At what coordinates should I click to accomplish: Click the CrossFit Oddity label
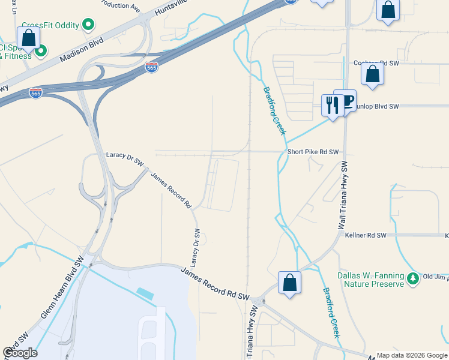pyautogui.click(x=50, y=25)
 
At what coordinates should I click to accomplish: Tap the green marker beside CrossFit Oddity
pyautogui.click(x=88, y=25)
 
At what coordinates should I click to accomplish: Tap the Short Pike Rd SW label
pyautogui.click(x=313, y=152)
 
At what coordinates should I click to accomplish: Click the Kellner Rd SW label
pyautogui.click(x=366, y=235)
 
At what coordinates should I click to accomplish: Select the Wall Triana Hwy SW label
pyautogui.click(x=343, y=194)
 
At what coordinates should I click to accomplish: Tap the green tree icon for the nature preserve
pyautogui.click(x=413, y=279)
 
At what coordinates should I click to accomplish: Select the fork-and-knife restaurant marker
pyautogui.click(x=332, y=104)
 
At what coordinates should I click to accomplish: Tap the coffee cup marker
pyautogui.click(x=345, y=100)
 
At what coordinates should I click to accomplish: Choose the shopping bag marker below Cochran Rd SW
pyautogui.click(x=373, y=74)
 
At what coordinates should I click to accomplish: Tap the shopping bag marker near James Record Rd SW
pyautogui.click(x=289, y=283)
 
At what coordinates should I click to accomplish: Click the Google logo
pyautogui.click(x=20, y=353)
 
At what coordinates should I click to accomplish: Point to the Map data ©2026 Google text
pyautogui.click(x=412, y=355)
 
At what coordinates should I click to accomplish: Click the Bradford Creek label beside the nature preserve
pyautogui.click(x=331, y=312)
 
